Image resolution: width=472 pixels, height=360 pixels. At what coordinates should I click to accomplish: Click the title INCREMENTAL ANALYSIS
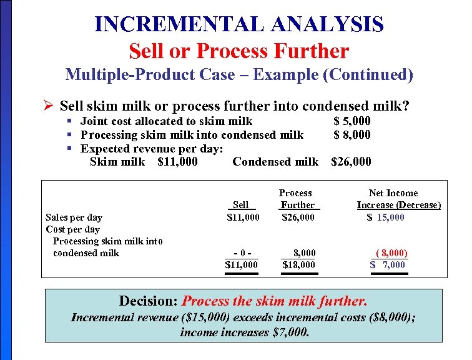(239, 24)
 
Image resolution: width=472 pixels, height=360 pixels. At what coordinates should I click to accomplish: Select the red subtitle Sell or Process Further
(239, 51)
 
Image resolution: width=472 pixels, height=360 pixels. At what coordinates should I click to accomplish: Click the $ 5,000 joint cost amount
(352, 121)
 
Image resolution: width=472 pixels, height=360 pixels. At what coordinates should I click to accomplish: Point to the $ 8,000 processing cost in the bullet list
(352, 134)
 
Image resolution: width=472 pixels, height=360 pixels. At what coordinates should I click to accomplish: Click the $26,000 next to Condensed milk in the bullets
(351, 162)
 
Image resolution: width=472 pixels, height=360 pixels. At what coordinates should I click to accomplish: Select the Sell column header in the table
(240, 205)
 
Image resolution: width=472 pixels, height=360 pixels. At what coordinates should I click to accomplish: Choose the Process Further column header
(297, 199)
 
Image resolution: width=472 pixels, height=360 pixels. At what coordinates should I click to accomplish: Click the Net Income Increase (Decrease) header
(398, 199)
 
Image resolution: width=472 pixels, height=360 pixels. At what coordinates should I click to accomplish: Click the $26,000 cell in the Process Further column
(298, 217)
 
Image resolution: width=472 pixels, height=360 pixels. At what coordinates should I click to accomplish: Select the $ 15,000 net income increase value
(386, 217)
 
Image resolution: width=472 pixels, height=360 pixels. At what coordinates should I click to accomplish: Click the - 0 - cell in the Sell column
(241, 253)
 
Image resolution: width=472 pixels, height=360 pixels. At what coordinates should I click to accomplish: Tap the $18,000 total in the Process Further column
(298, 265)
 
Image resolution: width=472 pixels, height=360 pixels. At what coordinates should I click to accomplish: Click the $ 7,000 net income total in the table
(388, 265)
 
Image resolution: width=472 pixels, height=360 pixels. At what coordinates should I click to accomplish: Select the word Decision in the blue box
(147, 301)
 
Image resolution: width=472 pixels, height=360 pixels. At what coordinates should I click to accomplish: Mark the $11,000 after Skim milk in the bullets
(178, 162)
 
